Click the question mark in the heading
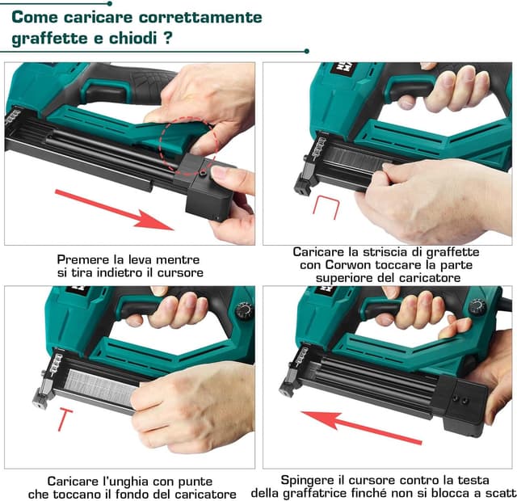coord(168,38)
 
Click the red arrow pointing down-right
coord(115,210)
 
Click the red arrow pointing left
coord(361,427)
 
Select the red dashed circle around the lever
coord(187,147)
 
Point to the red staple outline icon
coord(326,207)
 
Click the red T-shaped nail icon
coord(65,419)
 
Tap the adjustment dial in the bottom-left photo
coord(245,310)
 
